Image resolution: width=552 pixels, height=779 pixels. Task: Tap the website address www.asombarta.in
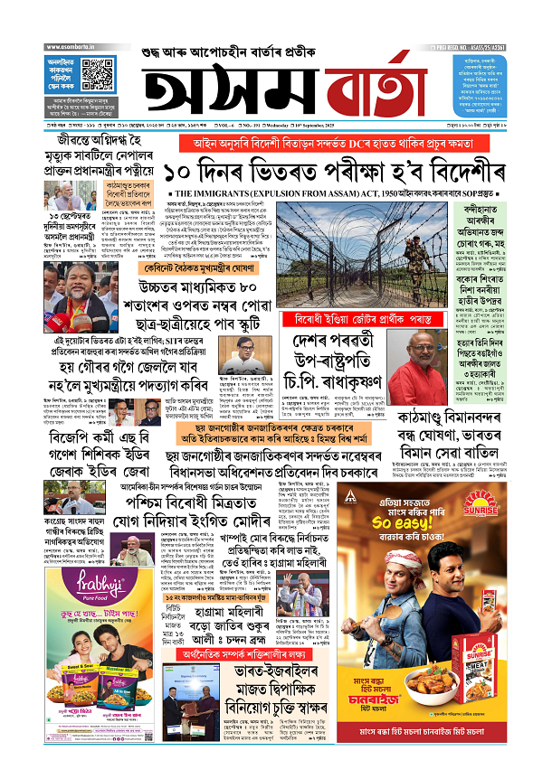71,46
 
